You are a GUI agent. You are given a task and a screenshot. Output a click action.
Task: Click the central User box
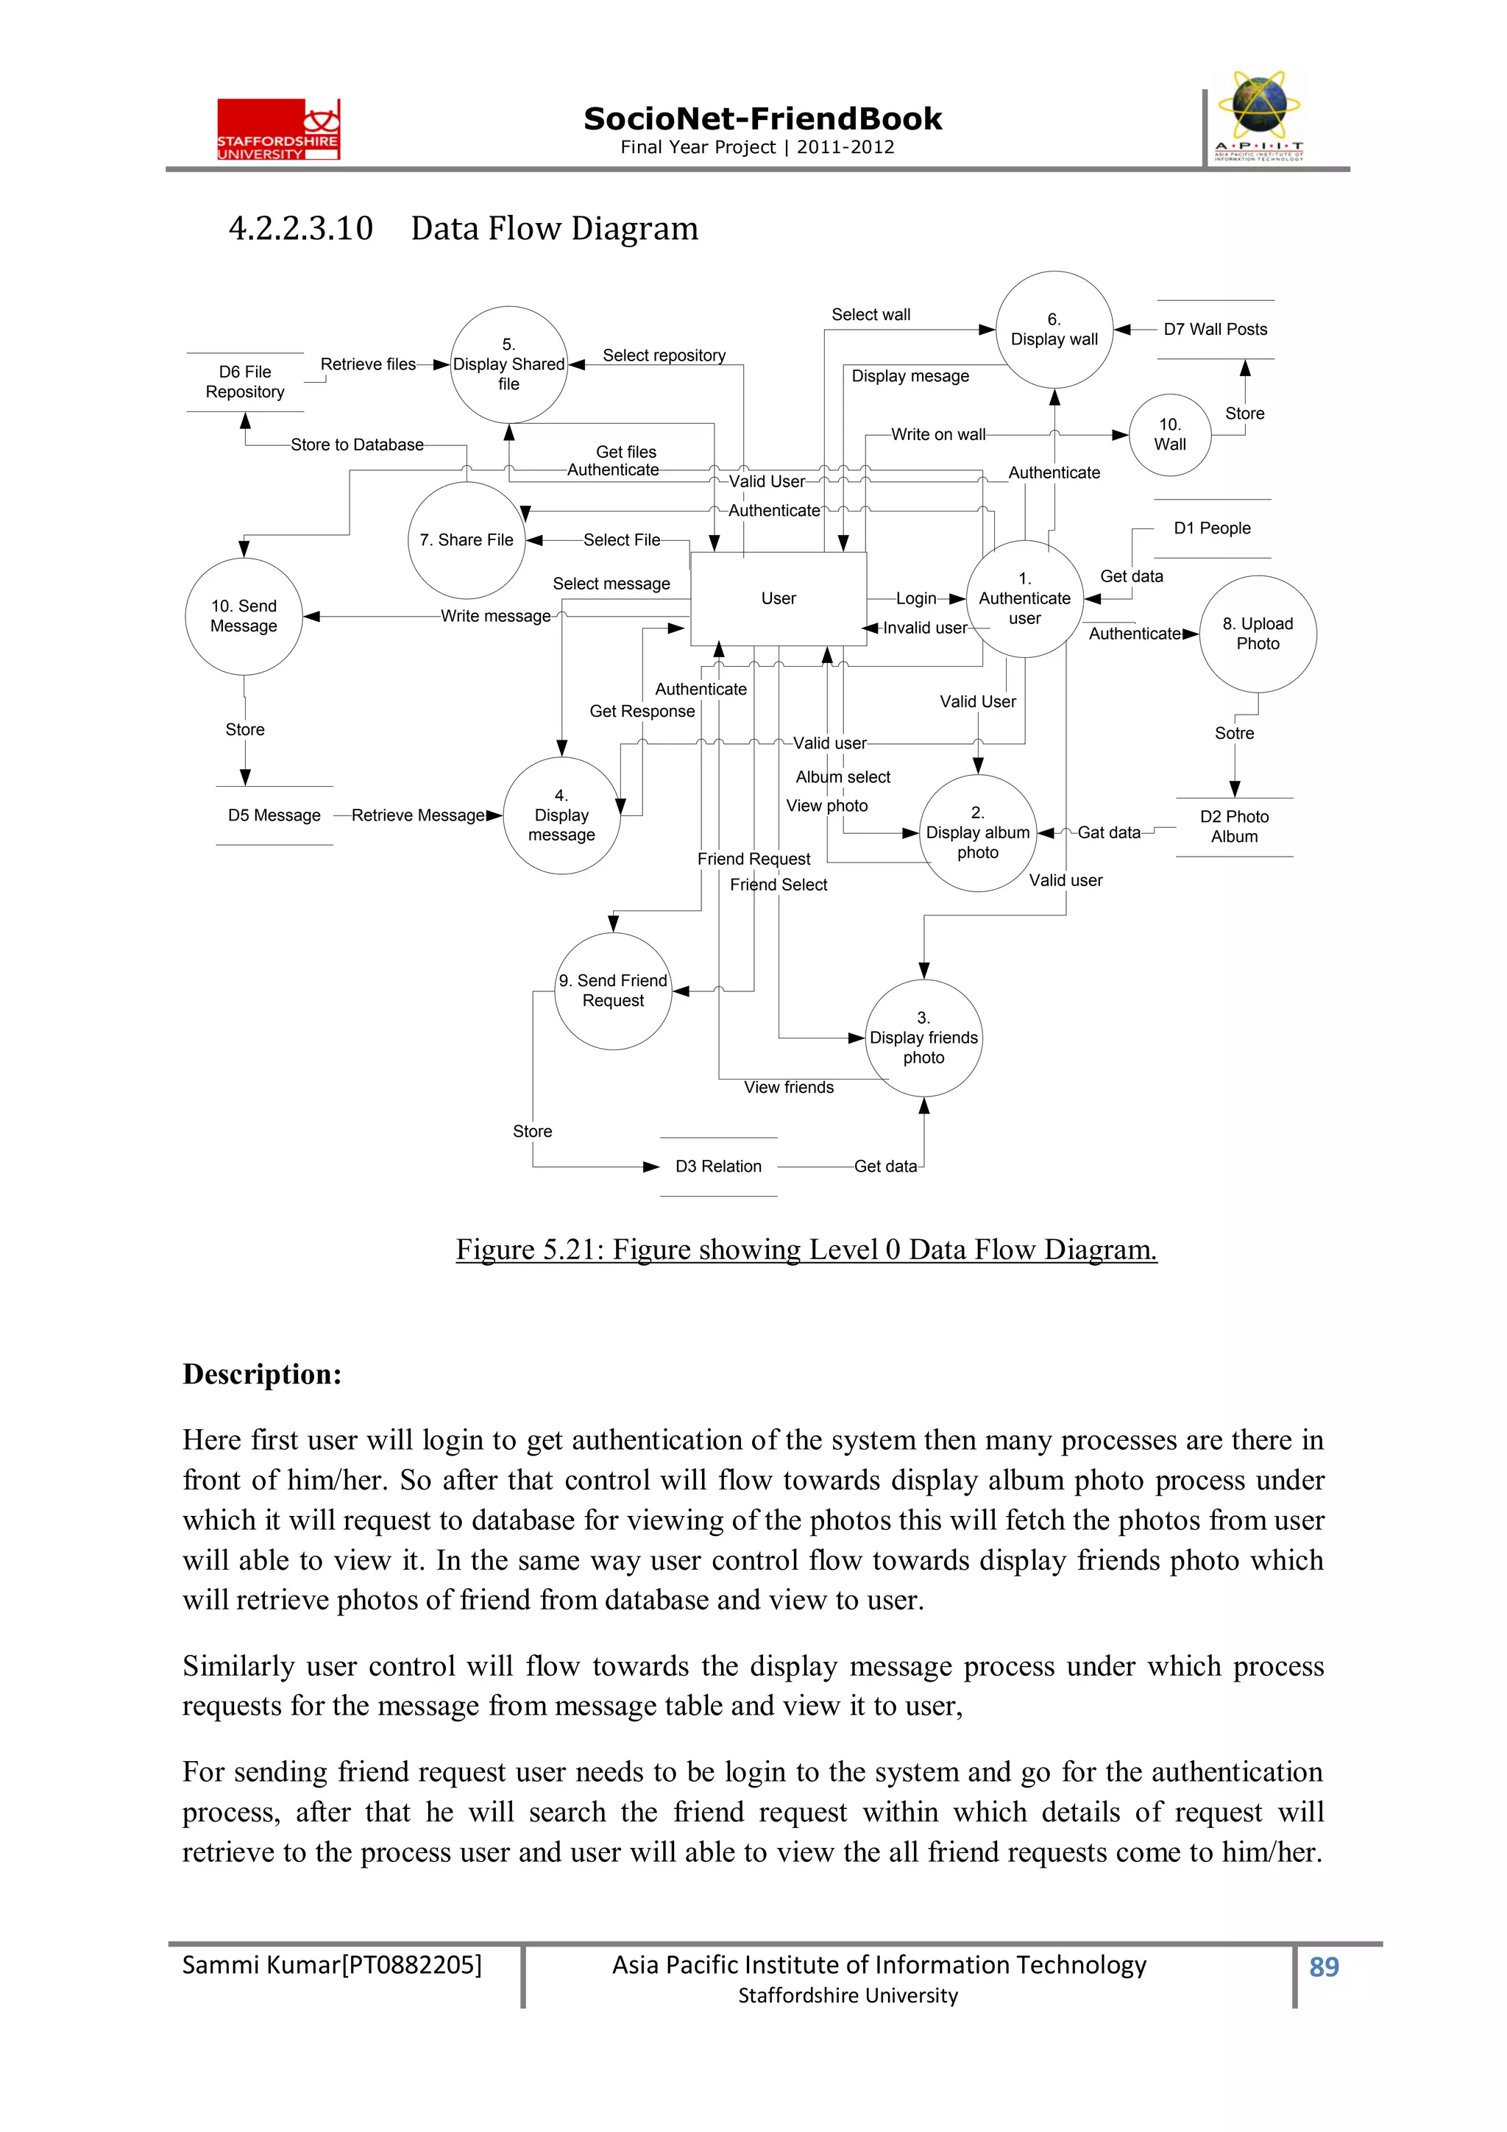click(778, 598)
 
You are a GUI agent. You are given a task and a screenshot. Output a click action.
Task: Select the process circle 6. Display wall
click(1054, 330)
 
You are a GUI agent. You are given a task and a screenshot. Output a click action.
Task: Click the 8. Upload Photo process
click(1258, 634)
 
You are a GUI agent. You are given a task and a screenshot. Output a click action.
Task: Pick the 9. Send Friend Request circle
click(613, 991)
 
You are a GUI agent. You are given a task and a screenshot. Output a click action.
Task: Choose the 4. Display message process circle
click(561, 815)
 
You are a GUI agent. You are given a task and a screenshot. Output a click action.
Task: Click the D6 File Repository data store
click(245, 382)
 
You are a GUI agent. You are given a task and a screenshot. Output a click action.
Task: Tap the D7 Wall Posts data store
click(1215, 330)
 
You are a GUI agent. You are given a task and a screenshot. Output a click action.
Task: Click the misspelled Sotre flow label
click(1234, 734)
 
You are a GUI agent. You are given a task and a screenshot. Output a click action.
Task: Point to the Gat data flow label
click(1109, 833)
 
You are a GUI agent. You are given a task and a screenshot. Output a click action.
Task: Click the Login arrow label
click(915, 599)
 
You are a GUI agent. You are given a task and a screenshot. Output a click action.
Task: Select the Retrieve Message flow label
click(418, 815)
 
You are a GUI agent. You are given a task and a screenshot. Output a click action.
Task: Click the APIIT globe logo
click(1258, 115)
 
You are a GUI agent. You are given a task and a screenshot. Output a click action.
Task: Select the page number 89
click(1323, 1966)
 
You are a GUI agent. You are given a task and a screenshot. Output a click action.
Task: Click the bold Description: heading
click(262, 1374)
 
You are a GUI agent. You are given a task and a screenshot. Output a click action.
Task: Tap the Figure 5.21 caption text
click(805, 1249)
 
